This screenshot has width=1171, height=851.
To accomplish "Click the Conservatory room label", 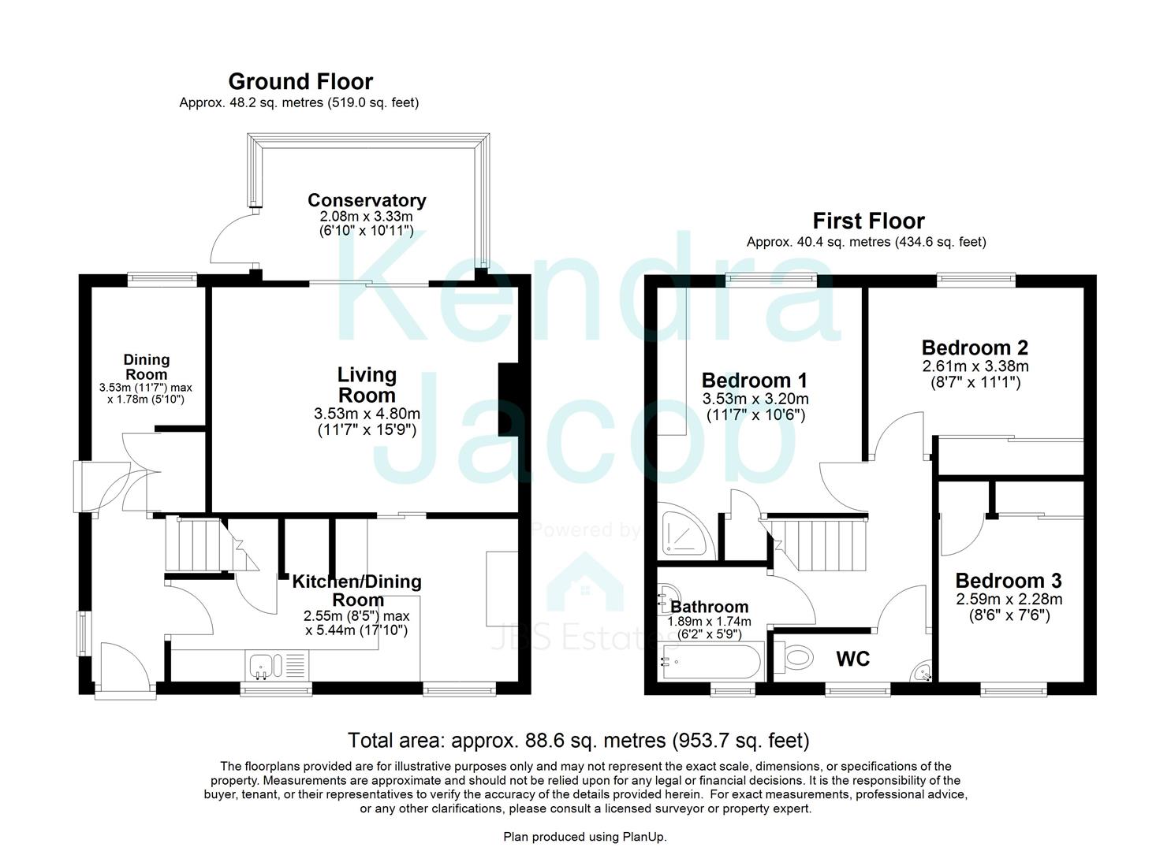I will (367, 200).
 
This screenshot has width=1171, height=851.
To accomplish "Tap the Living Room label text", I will (367, 385).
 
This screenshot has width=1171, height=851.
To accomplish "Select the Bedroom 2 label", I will (975, 347).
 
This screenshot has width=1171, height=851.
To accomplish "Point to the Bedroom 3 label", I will (1008, 581).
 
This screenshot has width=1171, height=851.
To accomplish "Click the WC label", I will (852, 659).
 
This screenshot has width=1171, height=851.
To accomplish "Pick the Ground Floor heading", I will (300, 81).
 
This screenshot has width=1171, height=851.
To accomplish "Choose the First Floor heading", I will (868, 221).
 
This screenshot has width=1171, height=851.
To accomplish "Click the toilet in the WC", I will (795, 657).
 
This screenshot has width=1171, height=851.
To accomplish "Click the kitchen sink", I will (261, 667).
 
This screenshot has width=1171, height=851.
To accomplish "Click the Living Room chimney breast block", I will (509, 399).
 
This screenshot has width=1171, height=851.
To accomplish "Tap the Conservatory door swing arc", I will (229, 240).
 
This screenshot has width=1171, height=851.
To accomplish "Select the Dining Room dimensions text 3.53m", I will (145, 388).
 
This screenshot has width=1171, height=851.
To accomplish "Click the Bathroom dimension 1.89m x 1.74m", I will (709, 622).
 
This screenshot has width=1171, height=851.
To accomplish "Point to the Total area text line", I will (578, 741).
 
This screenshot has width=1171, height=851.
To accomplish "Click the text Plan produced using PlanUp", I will (584, 837).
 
